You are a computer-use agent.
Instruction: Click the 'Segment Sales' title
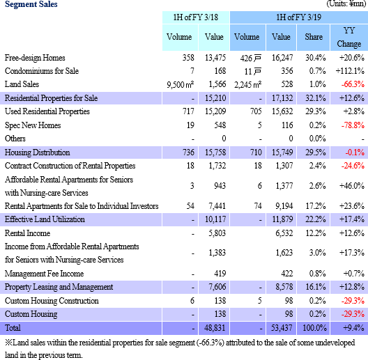coord(31,4)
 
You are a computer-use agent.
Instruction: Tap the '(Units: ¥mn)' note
coord(346,3)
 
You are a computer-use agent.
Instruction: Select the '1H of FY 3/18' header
coord(196,17)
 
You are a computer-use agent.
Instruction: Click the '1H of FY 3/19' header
coord(298,17)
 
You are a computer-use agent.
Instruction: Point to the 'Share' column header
coord(314,37)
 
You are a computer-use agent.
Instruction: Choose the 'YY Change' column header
coord(349,37)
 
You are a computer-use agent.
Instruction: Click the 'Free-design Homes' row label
coord(35,58)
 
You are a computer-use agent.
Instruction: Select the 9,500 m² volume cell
coord(181,84)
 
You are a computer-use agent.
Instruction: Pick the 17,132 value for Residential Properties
coord(282,97)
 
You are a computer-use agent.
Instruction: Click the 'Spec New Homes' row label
coord(33,125)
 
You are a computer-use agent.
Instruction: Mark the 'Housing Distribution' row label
coord(38,152)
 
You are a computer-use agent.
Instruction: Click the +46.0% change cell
coord(352,186)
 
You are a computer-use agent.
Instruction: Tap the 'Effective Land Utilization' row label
coord(45,219)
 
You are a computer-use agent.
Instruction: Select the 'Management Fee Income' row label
coord(44,274)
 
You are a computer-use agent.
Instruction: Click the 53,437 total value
coord(282,328)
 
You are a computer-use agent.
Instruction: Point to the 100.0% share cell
coord(315,328)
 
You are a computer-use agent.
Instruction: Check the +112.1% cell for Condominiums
coord(350,71)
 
